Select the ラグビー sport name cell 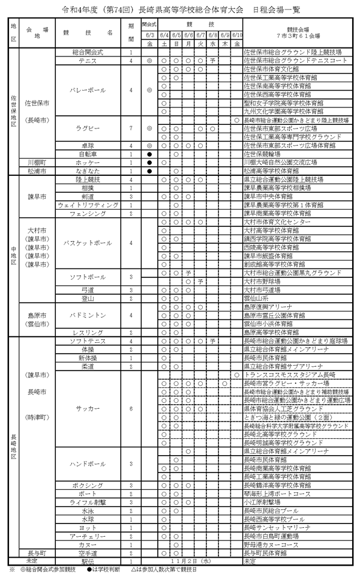pos(88,127)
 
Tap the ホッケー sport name pos(88,162)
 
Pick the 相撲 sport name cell pos(88,187)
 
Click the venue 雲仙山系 pos(256,298)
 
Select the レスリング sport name pos(88,332)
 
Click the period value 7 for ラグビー pos(131,127)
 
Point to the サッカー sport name pos(88,408)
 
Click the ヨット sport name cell pos(88,527)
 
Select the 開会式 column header pos(149,27)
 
